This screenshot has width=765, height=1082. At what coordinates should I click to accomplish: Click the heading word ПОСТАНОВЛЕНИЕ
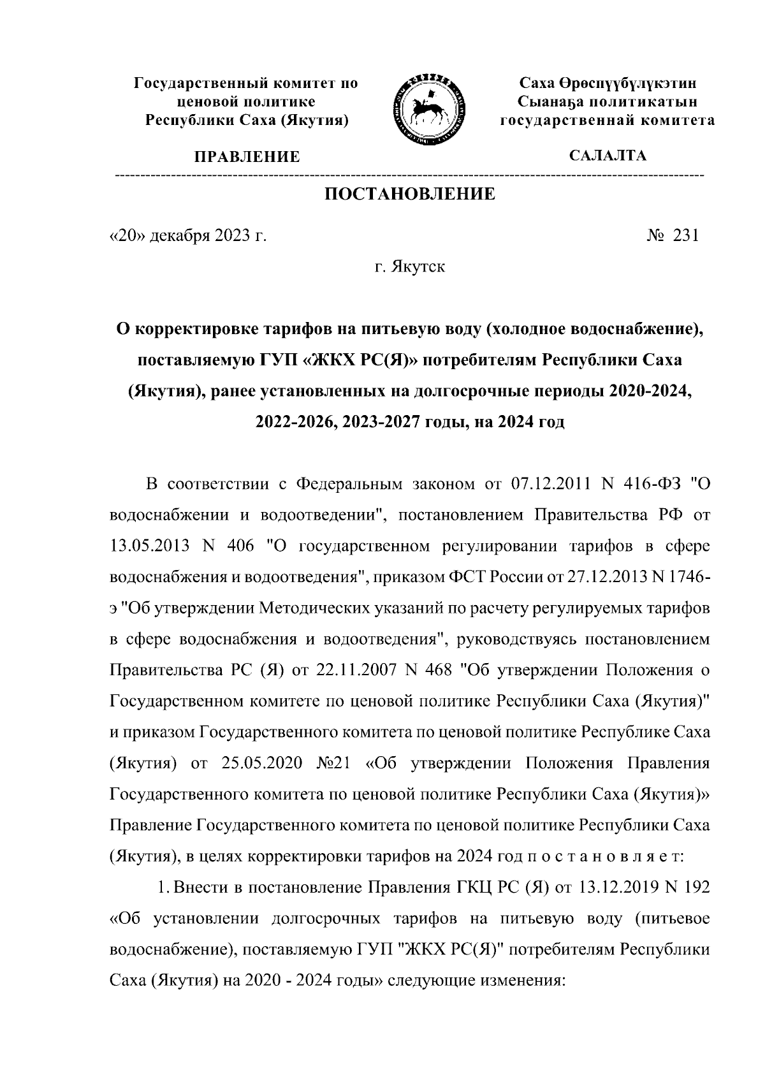(410, 194)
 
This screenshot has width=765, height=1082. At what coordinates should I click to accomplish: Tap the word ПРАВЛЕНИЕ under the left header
(247, 157)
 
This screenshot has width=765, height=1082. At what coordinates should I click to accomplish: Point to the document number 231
(686, 236)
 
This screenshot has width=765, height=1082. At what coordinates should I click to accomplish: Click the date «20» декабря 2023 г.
(188, 236)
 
